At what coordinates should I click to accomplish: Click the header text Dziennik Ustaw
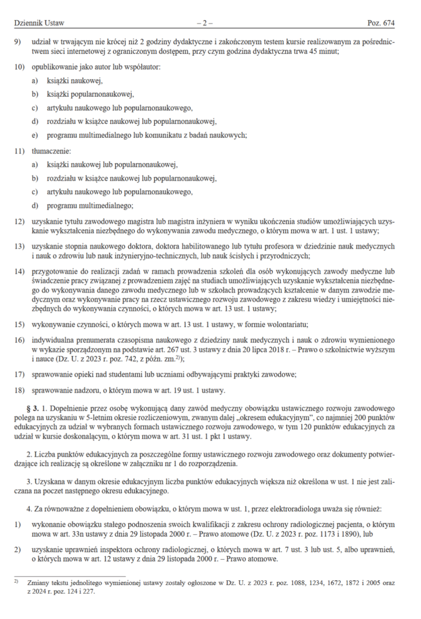39,23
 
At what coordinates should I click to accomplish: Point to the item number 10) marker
21,66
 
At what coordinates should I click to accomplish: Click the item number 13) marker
21,247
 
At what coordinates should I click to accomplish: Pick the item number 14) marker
21,271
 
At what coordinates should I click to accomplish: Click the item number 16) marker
21,340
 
